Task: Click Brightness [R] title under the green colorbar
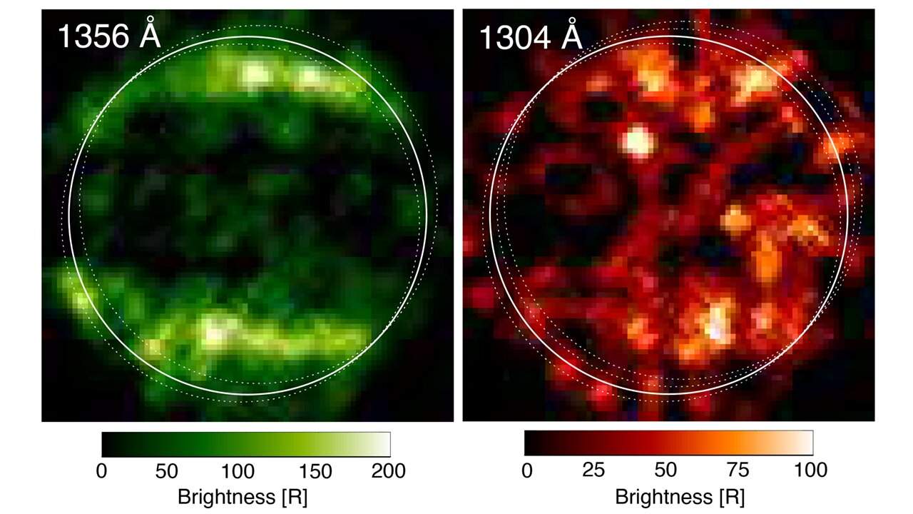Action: coord(243,497)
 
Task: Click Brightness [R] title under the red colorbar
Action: coord(666,497)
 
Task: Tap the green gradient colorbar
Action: coord(245,444)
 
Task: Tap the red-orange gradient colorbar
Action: coord(668,443)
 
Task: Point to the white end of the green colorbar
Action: coord(382,444)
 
